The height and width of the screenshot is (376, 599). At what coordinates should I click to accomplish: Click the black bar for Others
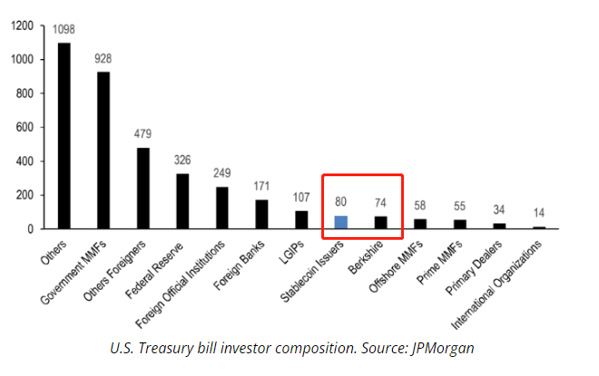64,135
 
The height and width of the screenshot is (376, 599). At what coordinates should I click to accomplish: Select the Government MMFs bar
103,150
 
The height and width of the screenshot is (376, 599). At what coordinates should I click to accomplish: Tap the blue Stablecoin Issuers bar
340,222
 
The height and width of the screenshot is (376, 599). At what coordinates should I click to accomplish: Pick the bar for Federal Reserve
182,201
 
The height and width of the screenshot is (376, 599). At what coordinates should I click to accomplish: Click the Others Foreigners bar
142,188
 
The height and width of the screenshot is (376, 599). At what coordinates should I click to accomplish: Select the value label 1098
64,30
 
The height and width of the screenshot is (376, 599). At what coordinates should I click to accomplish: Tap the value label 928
103,59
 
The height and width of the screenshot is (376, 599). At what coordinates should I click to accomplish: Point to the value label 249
222,173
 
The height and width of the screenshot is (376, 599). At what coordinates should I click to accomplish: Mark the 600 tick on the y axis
27,128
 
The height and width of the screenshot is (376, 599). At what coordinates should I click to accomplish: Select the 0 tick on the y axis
34,229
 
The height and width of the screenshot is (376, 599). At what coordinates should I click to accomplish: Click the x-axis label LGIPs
292,251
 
